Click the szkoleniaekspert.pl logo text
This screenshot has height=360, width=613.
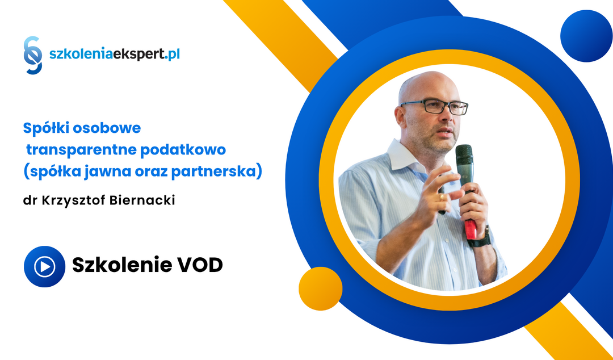(x=115, y=54)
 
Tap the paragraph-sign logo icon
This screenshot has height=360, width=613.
(x=33, y=55)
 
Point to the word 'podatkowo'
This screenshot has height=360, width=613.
(x=183, y=149)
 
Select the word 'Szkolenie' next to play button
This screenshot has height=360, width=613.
(x=122, y=265)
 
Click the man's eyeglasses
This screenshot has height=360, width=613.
(x=434, y=107)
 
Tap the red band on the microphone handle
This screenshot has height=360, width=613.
(x=471, y=229)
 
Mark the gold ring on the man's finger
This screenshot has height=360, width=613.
(x=442, y=197)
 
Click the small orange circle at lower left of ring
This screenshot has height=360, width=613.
(x=321, y=289)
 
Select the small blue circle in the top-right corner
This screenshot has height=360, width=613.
(x=586, y=36)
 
